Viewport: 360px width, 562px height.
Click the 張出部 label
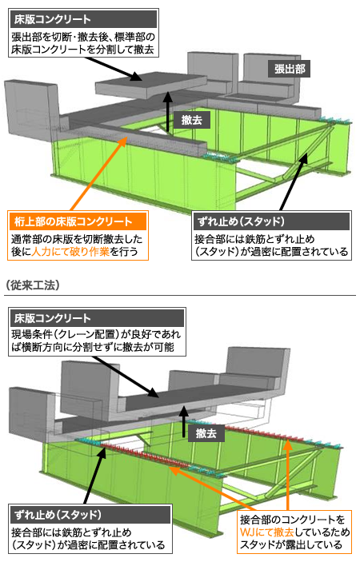tap(290, 70)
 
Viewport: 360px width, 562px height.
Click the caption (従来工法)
tap(33, 285)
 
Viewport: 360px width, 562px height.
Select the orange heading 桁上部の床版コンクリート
tap(73, 221)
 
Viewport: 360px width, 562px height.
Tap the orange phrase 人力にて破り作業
tap(70, 251)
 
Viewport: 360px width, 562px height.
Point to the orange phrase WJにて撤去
tap(266, 532)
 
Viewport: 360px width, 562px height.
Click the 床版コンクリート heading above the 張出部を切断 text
tap(52, 19)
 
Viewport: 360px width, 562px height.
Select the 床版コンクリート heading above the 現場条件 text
tap(52, 318)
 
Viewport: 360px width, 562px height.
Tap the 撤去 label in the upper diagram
tap(192, 120)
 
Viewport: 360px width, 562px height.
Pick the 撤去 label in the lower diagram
tap(206, 433)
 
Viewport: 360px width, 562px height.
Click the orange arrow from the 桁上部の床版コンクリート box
tap(98, 173)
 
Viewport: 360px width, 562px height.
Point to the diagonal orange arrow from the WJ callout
tap(212, 488)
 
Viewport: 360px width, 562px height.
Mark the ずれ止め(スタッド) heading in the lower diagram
tap(58, 515)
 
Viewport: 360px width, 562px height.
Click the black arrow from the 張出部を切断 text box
tap(112, 68)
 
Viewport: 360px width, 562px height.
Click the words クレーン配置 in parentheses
tap(86, 334)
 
